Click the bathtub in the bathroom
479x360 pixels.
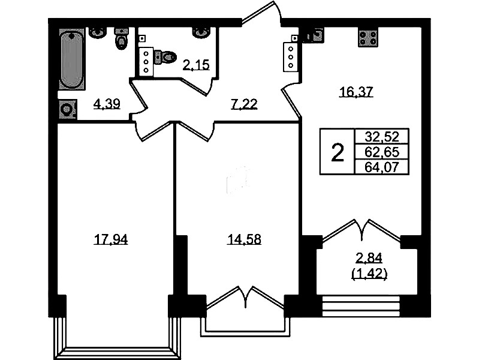pyautogui.click(x=71, y=59)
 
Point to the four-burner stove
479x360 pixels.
pyautogui.click(x=368, y=38)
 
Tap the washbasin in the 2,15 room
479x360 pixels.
pyautogui.click(x=201, y=32)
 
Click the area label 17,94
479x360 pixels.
pyautogui.click(x=110, y=239)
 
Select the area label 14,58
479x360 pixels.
pyautogui.click(x=244, y=239)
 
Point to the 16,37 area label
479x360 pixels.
pyautogui.click(x=357, y=91)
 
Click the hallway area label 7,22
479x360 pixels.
pyautogui.click(x=244, y=104)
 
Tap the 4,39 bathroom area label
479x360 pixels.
pyautogui.click(x=107, y=104)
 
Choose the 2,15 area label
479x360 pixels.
pyautogui.click(x=196, y=65)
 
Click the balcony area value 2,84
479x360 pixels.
pyautogui.click(x=369, y=258)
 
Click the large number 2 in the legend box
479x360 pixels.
pyautogui.click(x=338, y=153)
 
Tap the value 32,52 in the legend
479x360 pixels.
pyautogui.click(x=382, y=136)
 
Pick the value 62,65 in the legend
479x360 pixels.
pyautogui.click(x=382, y=152)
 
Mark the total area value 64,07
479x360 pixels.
pyautogui.click(x=382, y=167)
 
